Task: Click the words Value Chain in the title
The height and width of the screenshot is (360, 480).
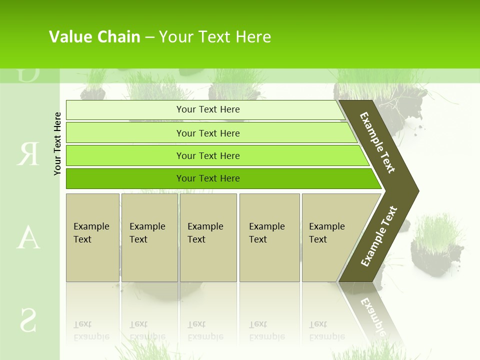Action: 94,37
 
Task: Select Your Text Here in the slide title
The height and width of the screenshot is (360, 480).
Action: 215,37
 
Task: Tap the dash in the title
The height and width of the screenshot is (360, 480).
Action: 149,37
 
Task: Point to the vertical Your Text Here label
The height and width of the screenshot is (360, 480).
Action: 57,143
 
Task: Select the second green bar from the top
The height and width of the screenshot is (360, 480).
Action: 208,133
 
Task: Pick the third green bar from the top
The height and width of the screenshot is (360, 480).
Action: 208,155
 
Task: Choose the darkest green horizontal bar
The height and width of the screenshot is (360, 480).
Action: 208,178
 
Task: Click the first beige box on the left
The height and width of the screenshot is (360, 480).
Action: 92,237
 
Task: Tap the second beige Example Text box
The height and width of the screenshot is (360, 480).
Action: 149,237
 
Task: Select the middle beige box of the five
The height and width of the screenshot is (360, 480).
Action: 208,237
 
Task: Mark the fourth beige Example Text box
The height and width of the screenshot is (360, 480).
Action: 269,237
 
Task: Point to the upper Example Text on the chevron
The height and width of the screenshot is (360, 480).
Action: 377,142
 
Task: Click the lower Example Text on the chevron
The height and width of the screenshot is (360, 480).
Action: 378,236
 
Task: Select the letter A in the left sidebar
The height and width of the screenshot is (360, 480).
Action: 28,237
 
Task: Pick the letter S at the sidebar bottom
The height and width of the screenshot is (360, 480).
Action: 28,319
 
